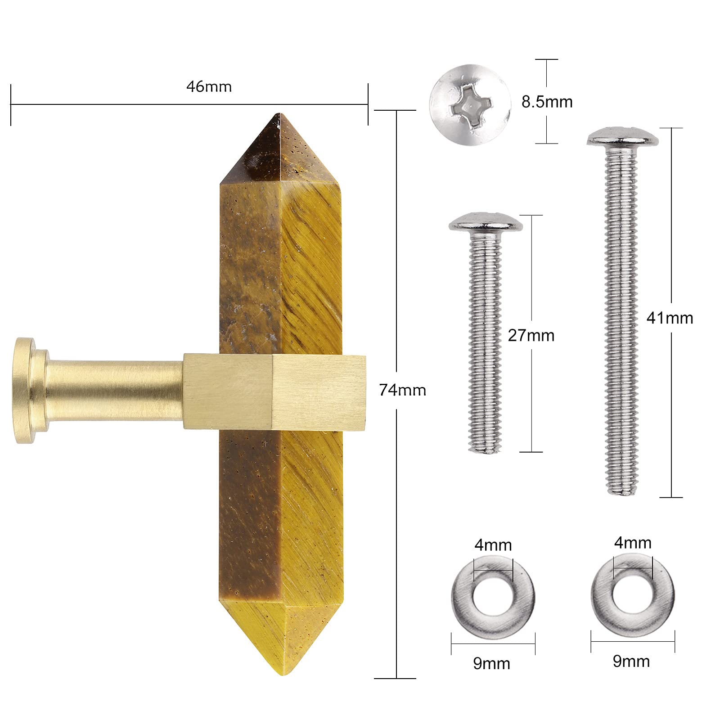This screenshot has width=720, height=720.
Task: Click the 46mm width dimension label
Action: click(209, 86)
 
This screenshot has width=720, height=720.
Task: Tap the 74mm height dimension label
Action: click(402, 390)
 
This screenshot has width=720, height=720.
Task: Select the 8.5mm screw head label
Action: click(547, 102)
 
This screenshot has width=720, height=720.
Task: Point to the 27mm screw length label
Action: click(531, 335)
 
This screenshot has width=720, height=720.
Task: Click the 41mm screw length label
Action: click(670, 318)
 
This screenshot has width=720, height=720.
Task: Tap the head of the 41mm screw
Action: click(623, 136)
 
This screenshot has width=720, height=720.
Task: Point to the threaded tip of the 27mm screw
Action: click(485, 446)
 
